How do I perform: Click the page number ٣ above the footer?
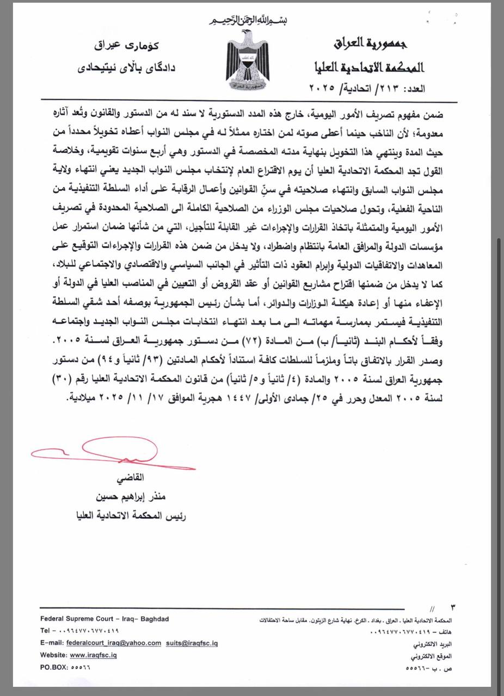(453, 606)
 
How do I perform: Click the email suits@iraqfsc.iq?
(192, 643)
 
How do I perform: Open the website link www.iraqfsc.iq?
(93, 655)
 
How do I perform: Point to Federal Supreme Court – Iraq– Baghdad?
(105, 619)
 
